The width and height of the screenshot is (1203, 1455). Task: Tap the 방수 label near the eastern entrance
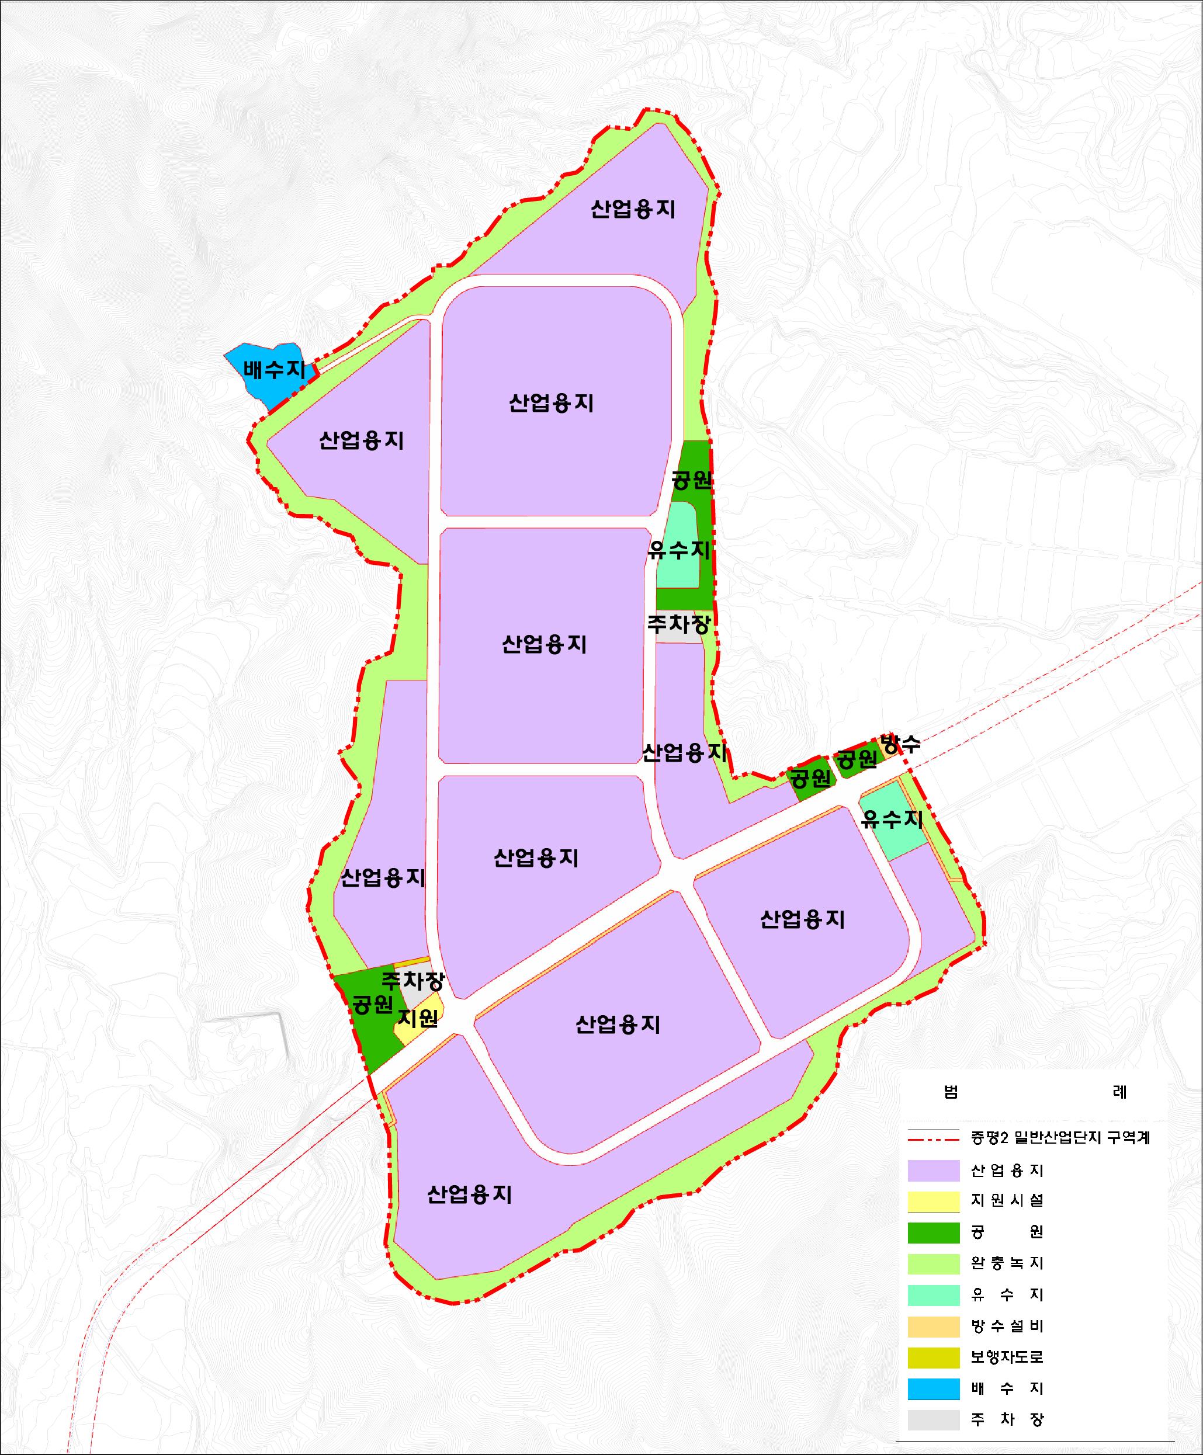coord(900,745)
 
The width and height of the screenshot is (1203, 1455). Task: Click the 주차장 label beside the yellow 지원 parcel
coord(413,980)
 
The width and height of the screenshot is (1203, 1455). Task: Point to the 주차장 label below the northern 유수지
coord(678,624)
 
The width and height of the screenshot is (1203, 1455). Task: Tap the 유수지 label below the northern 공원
coord(679,551)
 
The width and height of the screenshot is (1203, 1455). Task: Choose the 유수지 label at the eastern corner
coord(891,819)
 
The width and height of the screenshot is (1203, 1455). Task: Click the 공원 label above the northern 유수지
coord(692,480)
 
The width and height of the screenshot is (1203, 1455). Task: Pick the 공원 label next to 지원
coord(373,1004)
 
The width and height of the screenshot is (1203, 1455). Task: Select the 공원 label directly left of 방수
coord(857,759)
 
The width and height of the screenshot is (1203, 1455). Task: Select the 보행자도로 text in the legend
coord(1007,1357)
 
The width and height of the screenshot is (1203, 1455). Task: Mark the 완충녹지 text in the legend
coord(1007,1263)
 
